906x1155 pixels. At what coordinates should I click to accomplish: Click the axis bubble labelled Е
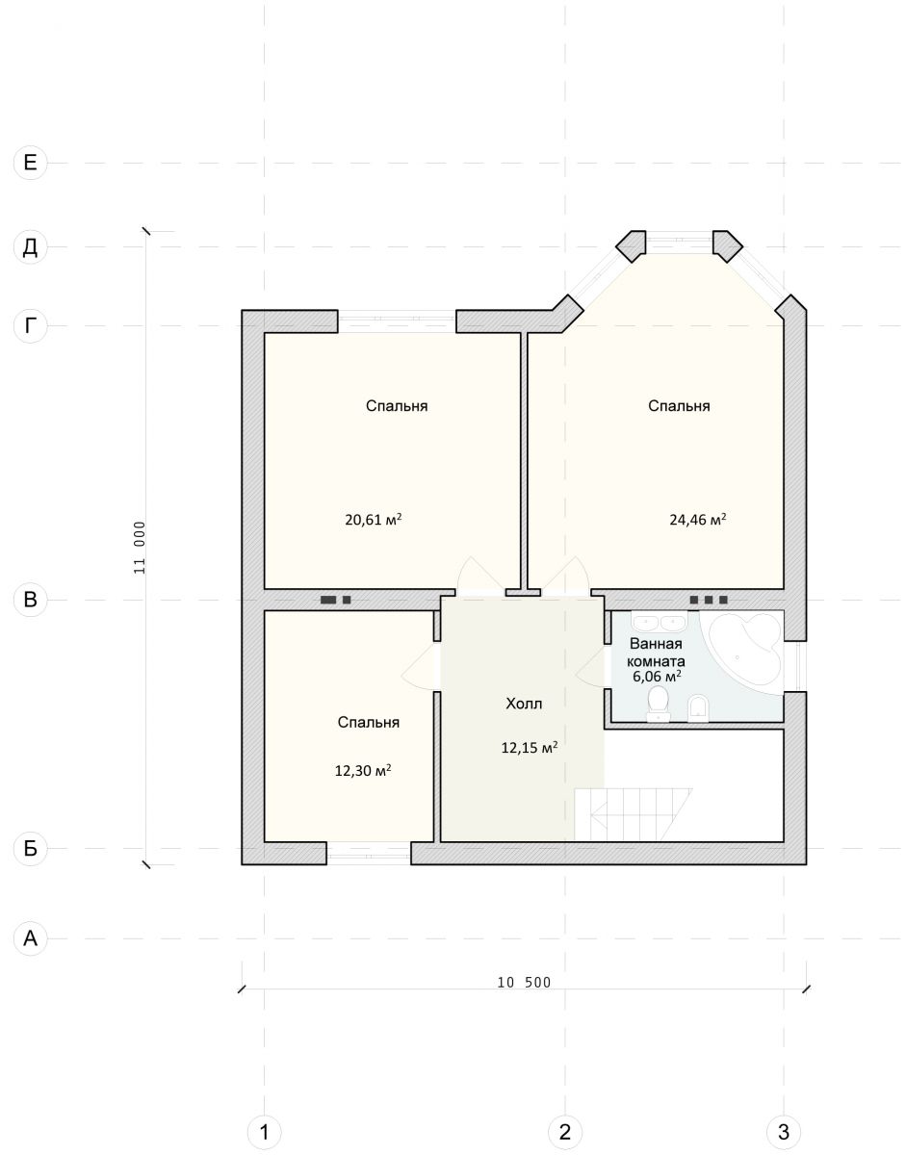click(30, 162)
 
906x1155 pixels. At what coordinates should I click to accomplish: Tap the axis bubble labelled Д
click(30, 246)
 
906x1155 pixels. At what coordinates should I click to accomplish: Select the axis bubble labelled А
click(30, 938)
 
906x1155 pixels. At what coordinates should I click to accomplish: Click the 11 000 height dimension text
click(140, 548)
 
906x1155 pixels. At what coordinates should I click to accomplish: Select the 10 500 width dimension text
click(524, 983)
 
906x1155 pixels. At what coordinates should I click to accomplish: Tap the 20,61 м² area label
click(373, 520)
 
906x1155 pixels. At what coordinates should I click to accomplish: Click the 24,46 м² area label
click(698, 520)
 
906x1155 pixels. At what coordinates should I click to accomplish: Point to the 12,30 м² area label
click(363, 770)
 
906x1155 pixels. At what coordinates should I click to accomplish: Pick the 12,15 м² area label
click(529, 748)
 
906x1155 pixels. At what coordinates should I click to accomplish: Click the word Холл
click(524, 704)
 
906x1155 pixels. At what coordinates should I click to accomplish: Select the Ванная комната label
click(656, 653)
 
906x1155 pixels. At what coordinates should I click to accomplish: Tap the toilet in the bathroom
click(659, 704)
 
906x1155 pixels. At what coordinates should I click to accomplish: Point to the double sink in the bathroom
click(660, 620)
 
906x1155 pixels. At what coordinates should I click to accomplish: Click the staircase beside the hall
click(633, 814)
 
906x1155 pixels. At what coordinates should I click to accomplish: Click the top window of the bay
click(679, 238)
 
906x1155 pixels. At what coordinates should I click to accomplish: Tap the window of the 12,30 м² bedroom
click(368, 854)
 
